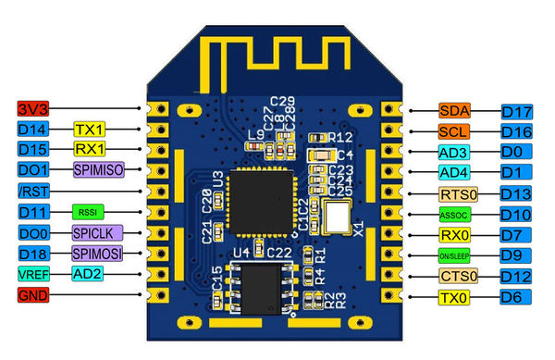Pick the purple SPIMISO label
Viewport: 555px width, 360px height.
click(97, 169)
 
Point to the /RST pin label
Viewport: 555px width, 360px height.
click(31, 191)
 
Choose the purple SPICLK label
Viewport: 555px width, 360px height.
click(97, 232)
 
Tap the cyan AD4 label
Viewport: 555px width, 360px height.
click(454, 173)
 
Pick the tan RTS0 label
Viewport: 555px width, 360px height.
click(459, 194)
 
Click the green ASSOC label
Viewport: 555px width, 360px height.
click(455, 215)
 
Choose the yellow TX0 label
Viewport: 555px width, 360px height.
click(455, 297)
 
